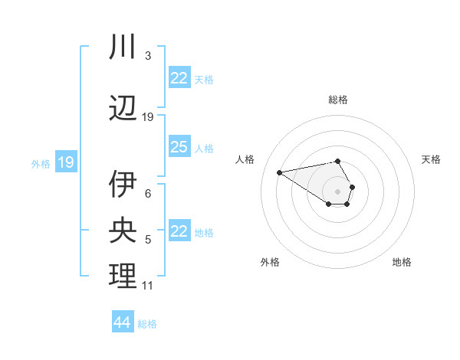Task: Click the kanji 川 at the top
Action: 123,47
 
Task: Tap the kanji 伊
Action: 123,184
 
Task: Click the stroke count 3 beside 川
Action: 148,56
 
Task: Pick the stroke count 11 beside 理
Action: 148,286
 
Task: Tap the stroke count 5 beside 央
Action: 148,240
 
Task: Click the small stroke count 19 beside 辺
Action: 148,117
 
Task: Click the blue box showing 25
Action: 179,147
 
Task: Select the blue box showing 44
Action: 123,322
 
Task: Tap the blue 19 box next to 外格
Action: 65,162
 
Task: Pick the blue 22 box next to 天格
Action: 179,78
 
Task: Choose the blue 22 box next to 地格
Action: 179,231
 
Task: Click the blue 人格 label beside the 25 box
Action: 204,148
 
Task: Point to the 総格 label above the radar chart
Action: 338,100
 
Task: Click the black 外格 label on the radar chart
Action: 270,262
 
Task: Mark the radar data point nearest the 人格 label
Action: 280,172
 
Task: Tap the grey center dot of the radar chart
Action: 337,190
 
